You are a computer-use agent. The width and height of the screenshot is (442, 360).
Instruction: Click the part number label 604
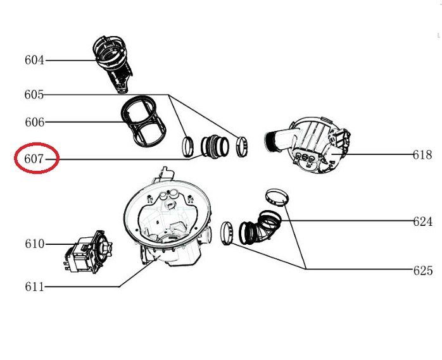[x=34, y=60]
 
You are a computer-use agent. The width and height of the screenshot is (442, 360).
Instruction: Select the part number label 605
[x=34, y=95]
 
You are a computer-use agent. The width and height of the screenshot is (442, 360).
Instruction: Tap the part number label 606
[x=35, y=122]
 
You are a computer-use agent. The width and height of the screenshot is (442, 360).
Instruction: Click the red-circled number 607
[x=34, y=159]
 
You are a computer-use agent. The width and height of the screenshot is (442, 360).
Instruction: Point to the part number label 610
[x=35, y=244]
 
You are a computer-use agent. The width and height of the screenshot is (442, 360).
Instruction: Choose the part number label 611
[x=35, y=287]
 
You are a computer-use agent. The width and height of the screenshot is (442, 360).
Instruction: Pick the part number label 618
[x=422, y=155]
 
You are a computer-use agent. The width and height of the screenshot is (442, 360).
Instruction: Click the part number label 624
[x=423, y=221]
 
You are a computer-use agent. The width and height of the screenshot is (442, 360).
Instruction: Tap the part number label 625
[x=423, y=271]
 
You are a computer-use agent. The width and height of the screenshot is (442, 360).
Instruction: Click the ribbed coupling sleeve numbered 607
[x=215, y=146]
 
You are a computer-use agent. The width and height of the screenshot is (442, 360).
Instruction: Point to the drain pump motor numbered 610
[x=87, y=251]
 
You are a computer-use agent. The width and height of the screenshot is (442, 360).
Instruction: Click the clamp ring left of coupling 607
[x=188, y=146]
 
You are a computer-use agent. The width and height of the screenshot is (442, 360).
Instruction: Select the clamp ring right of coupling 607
[x=242, y=146]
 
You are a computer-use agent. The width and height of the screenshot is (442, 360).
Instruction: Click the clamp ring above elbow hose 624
[x=277, y=198]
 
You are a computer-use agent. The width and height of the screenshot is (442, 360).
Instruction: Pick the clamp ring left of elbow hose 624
[x=227, y=233]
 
